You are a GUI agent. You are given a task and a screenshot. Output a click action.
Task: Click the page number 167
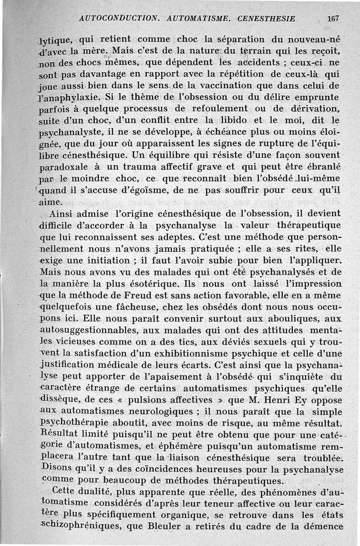tap(333, 19)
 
